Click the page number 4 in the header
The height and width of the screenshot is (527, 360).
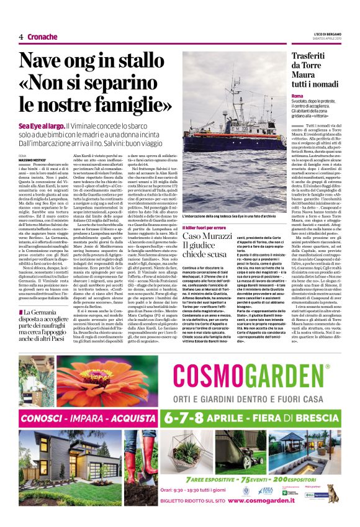(x=20, y=37)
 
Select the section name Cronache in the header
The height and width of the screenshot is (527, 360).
(x=42, y=37)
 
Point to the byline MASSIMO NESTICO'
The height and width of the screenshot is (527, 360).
(x=36, y=160)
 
